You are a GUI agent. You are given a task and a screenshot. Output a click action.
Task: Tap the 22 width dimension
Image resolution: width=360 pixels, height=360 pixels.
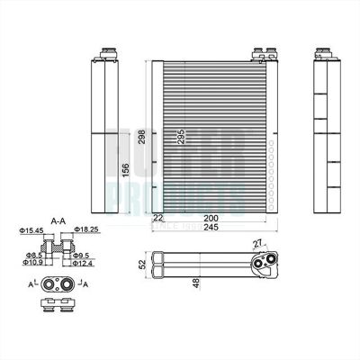click(x=158, y=219)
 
